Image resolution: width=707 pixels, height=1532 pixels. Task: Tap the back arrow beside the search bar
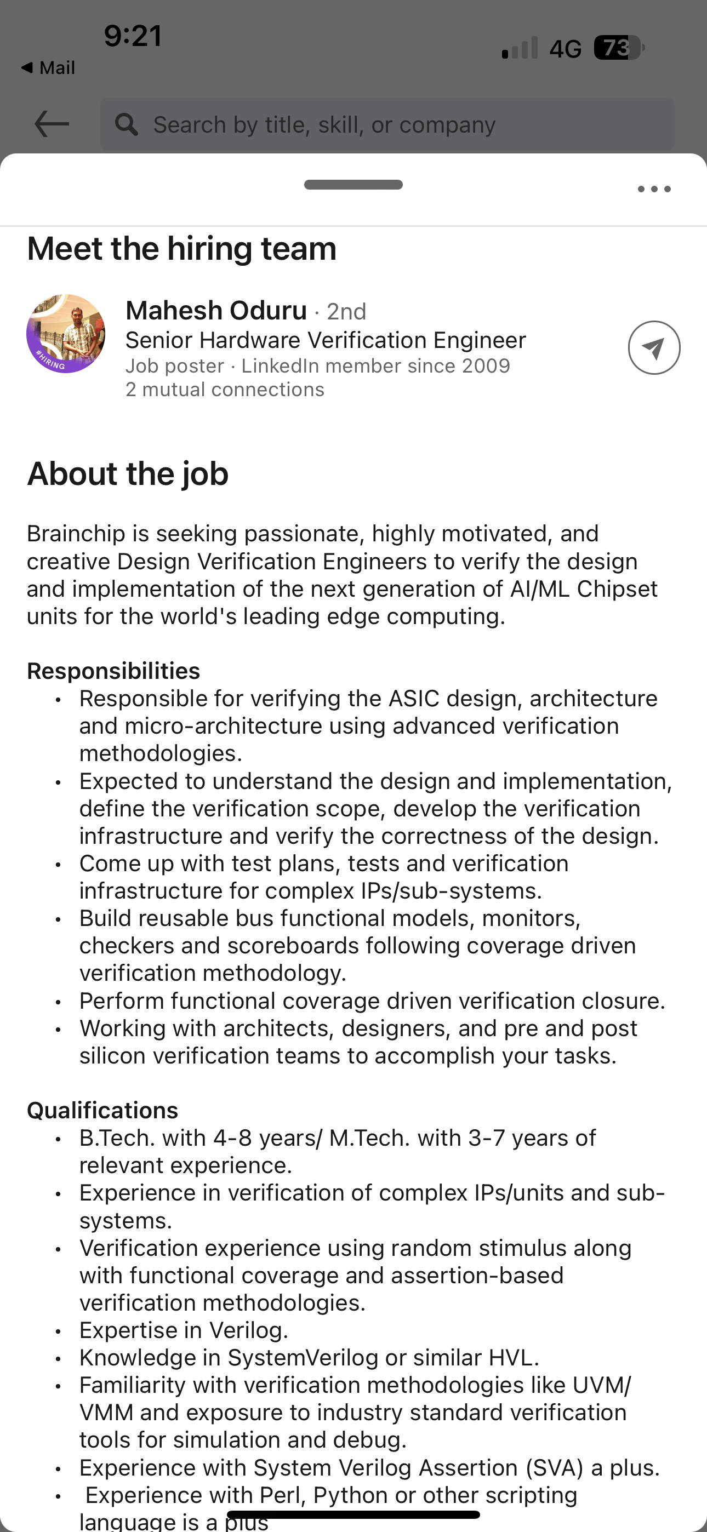52,124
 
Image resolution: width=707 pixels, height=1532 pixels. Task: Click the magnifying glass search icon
126,124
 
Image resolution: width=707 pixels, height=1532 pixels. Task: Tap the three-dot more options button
654,189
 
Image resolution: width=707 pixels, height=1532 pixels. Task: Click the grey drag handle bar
353,184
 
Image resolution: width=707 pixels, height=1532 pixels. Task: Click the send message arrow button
654,348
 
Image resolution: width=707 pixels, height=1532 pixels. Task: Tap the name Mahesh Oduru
216,311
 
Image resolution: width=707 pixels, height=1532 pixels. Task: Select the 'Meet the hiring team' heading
181,248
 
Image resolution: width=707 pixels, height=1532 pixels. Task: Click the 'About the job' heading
127,473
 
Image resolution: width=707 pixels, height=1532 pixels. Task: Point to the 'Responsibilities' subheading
113,671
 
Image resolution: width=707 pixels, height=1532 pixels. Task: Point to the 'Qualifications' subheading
102,1110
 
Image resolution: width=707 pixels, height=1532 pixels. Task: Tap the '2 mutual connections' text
225,390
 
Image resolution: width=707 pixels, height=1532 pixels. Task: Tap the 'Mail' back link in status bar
49,68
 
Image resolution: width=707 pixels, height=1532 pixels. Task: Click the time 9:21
133,36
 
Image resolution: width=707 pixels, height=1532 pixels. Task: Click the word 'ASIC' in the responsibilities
414,698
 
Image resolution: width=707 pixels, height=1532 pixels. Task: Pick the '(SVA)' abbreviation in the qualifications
555,1467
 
